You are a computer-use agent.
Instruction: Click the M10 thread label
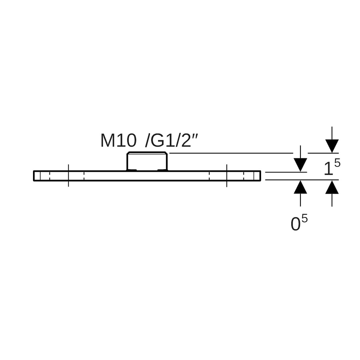tap(118, 141)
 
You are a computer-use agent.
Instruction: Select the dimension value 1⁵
tap(332, 167)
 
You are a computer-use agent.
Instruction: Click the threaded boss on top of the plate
tap(147, 161)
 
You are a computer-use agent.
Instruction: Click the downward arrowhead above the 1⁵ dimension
tap(332, 146)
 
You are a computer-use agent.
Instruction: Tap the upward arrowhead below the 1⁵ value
tap(332, 187)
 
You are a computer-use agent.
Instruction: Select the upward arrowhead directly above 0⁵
tap(300, 187)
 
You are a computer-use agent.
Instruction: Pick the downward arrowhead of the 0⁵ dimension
tap(300, 165)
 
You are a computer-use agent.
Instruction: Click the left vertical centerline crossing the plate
tap(68, 176)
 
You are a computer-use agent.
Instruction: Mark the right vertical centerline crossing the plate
tap(227, 176)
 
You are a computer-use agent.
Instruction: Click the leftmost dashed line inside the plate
tap(50, 176)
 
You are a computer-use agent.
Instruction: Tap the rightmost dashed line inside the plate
tap(244, 176)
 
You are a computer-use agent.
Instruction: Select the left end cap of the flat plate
tap(37, 176)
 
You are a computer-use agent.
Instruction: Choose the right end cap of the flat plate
tap(257, 176)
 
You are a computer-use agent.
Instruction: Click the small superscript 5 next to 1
tap(337, 163)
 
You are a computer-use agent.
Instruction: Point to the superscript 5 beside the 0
tap(304, 219)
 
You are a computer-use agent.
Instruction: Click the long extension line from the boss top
tap(231, 153)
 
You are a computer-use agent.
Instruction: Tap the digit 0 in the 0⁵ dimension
tap(295, 224)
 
